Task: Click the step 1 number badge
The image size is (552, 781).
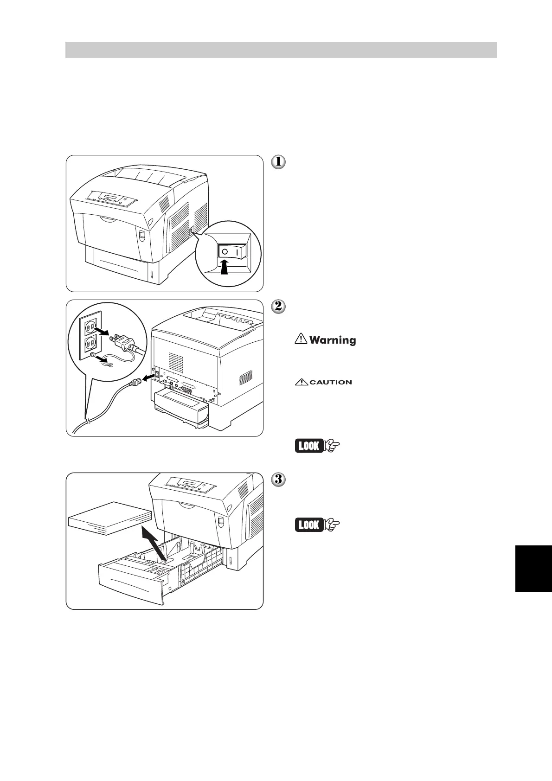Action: tap(278, 162)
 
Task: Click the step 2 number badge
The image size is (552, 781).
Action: tap(278, 307)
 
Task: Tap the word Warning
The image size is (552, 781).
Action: tap(333, 340)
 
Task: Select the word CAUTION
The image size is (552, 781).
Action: tap(330, 382)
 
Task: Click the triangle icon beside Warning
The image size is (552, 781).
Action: tap(301, 339)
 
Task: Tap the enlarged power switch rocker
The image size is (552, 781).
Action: tap(231, 251)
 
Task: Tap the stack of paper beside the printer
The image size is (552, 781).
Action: tap(110, 518)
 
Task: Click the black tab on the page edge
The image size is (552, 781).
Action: tap(533, 568)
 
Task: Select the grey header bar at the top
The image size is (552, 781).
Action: tap(281, 50)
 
